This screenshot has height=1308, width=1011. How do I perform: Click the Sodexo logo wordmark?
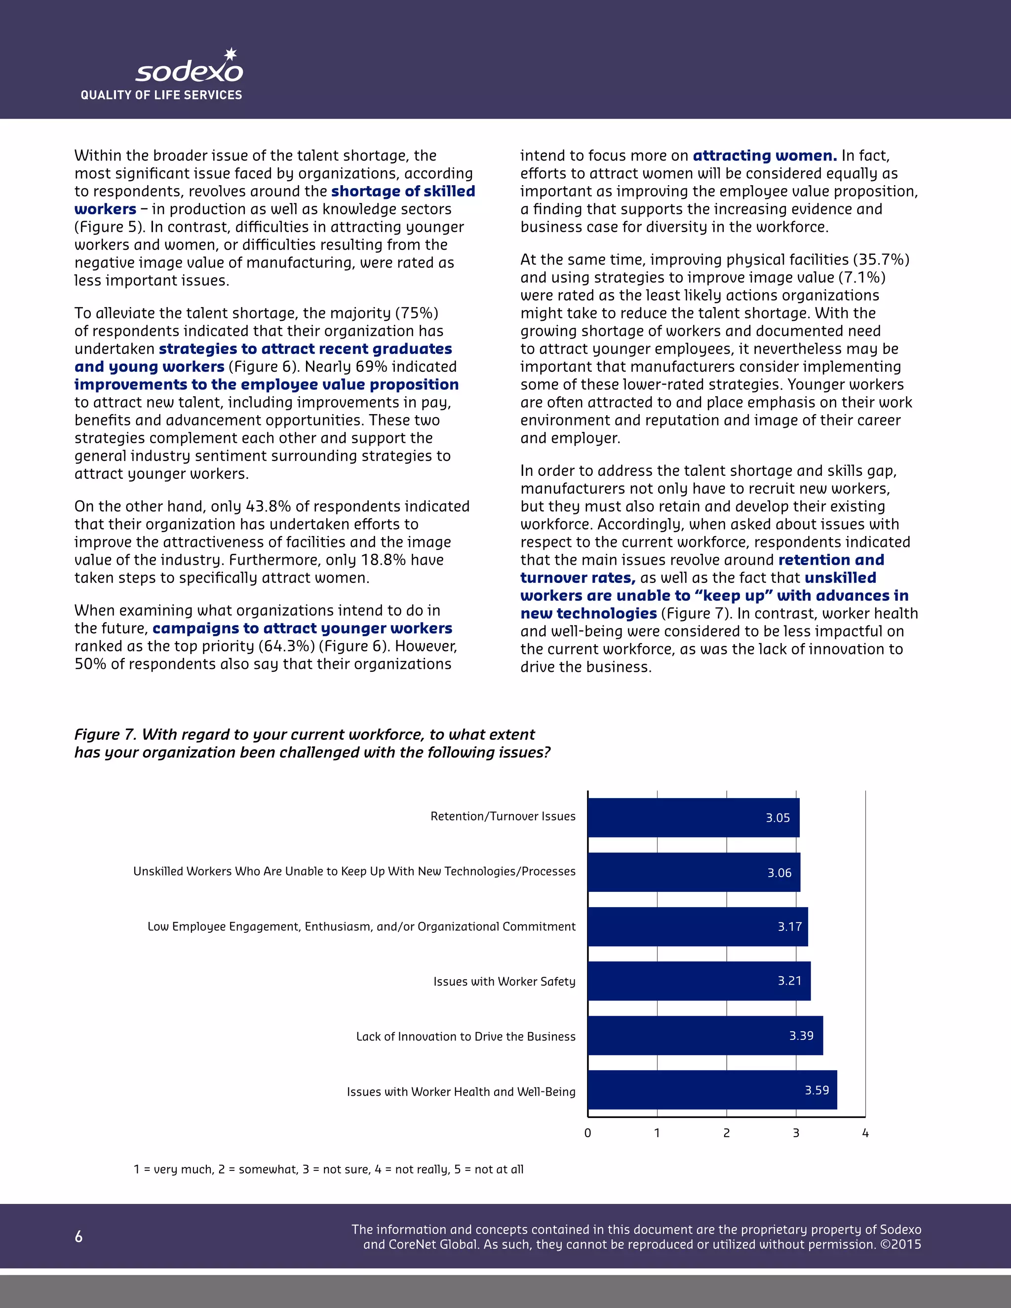[189, 73]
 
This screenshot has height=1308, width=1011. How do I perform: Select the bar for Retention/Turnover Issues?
[693, 817]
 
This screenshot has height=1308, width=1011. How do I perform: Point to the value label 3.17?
[789, 926]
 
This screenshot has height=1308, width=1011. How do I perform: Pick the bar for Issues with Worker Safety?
[699, 981]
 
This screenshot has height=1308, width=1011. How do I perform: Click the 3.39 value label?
[801, 1036]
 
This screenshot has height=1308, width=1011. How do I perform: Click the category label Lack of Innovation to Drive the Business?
[466, 1037]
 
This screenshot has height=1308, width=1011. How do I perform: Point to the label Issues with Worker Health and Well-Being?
[461, 1092]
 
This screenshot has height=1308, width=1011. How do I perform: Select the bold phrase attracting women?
[764, 155]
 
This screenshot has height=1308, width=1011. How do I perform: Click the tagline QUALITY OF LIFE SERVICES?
[161, 95]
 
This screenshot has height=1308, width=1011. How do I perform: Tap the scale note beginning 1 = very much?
[328, 1169]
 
